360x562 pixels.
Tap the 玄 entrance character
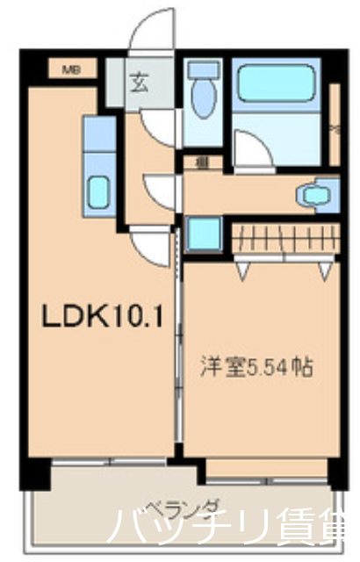[140, 84]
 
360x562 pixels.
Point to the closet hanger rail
[283, 238]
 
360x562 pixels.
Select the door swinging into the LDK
[149, 246]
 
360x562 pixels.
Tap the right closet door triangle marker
[325, 271]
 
